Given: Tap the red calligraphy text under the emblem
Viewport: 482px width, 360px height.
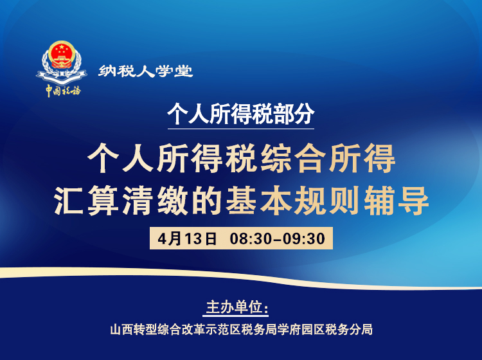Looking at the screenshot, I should (x=63, y=90).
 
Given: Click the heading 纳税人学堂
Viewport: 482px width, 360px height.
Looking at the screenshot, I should (x=146, y=71).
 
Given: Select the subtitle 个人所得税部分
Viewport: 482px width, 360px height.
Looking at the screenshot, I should (x=241, y=113).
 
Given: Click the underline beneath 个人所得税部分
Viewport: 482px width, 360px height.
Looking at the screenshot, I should (x=241, y=129).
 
